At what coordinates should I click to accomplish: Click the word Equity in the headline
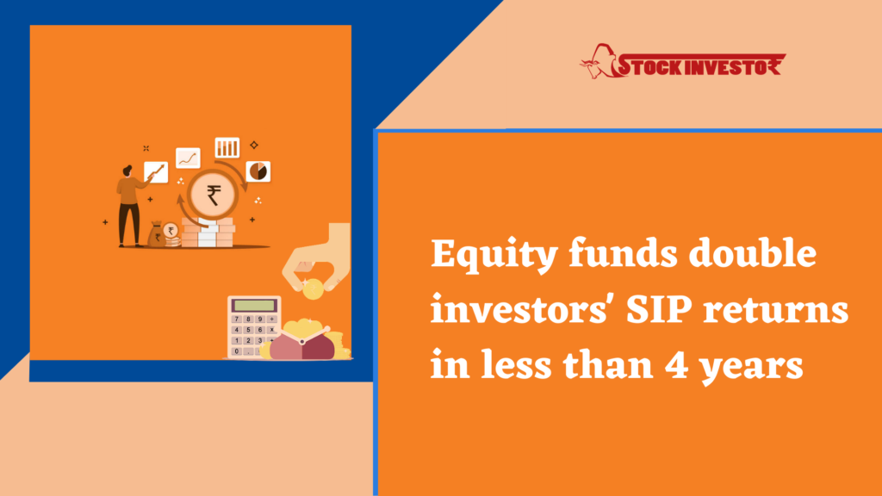pyautogui.click(x=494, y=255)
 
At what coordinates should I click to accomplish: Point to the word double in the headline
pyautogui.click(x=752, y=253)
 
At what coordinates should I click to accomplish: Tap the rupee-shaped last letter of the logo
pyautogui.click(x=774, y=65)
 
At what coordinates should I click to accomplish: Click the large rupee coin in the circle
pyautogui.click(x=214, y=195)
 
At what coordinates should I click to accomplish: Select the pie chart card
pyautogui.click(x=258, y=171)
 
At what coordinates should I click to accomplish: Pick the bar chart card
pyautogui.click(x=227, y=147)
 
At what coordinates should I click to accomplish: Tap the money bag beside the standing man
pyautogui.click(x=157, y=234)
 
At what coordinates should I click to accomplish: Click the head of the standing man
pyautogui.click(x=127, y=170)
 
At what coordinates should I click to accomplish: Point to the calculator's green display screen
pyautogui.click(x=254, y=306)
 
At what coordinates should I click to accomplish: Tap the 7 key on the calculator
pyautogui.click(x=237, y=319)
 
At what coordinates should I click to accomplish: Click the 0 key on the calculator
pyautogui.click(x=237, y=351)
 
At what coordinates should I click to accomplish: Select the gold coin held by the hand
pyautogui.click(x=313, y=290)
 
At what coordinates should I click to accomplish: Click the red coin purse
pyautogui.click(x=302, y=344)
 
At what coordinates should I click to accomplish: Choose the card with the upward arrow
pyautogui.click(x=156, y=171)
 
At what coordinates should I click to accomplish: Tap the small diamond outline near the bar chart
pyautogui.click(x=254, y=145)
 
